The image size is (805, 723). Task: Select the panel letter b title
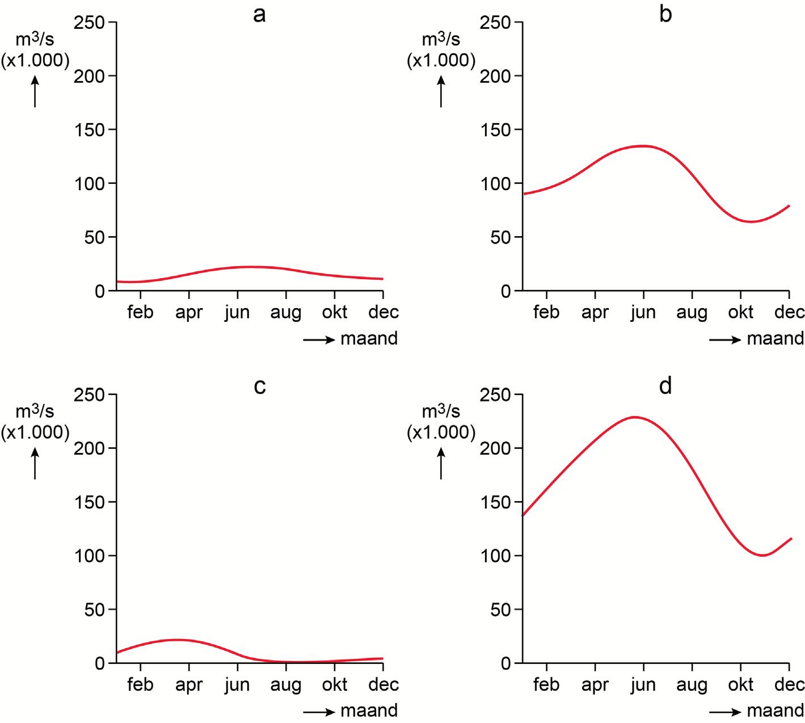[665, 14]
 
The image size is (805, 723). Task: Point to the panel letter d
[665, 386]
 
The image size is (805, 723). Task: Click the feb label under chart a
[140, 312]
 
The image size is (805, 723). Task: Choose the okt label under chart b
[740, 312]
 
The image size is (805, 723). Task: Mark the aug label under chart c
[285, 684]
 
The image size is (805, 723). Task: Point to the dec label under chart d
[789, 684]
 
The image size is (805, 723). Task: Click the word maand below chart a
[369, 339]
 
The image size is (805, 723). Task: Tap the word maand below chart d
[775, 711]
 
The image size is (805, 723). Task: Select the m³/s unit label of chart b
[441, 40]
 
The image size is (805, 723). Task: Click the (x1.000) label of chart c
[35, 432]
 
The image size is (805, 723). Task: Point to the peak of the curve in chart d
[634, 417]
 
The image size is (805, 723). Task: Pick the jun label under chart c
[237, 684]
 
